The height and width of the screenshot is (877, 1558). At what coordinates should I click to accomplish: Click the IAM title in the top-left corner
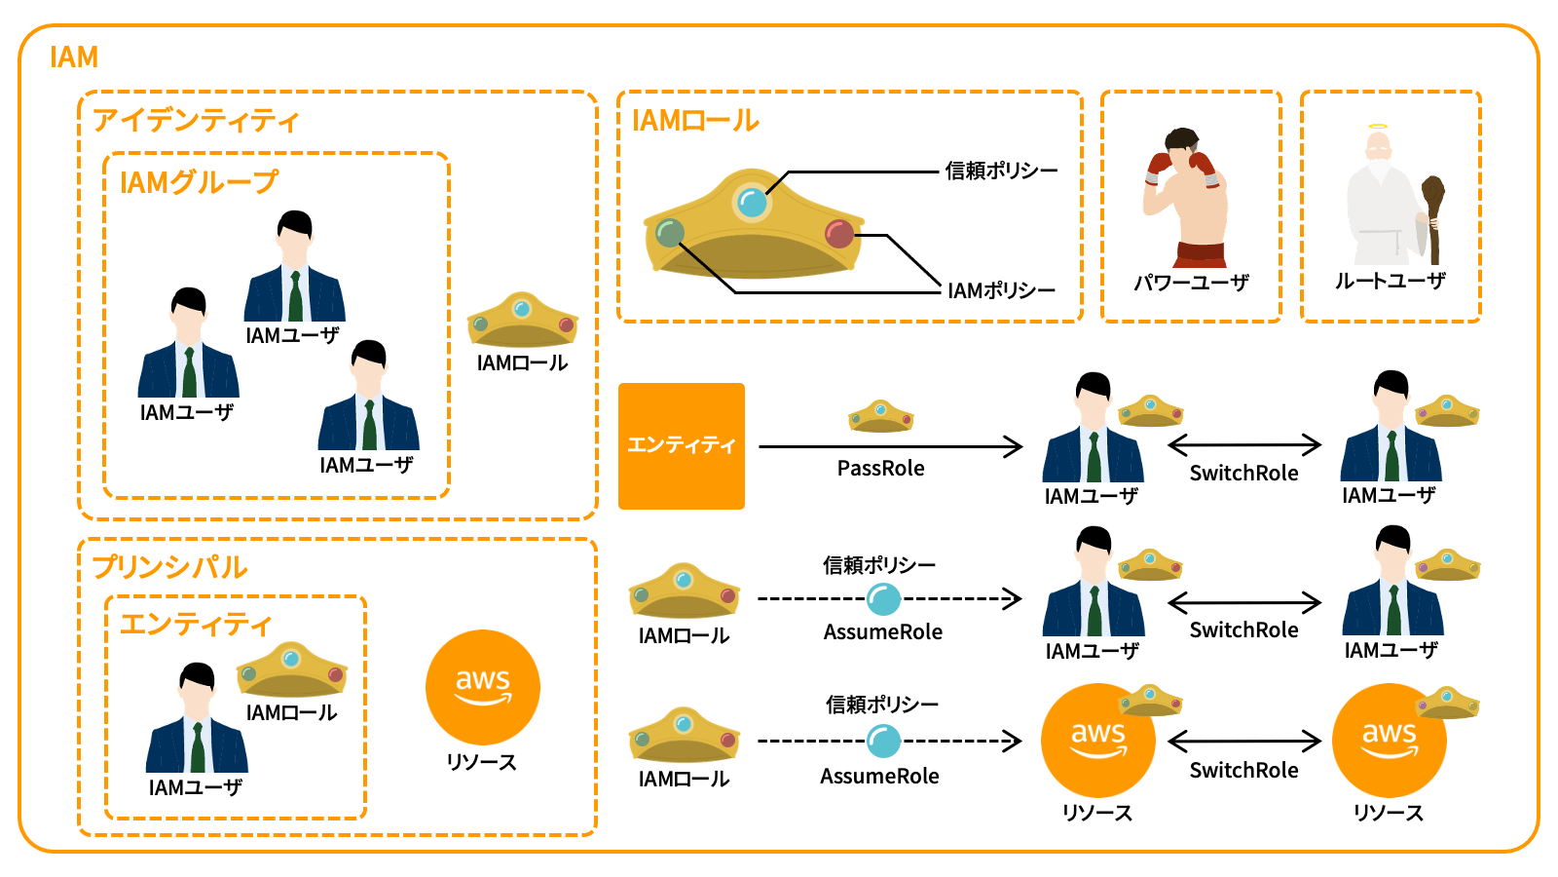point(74,57)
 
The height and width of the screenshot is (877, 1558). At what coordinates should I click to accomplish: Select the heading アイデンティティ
point(196,121)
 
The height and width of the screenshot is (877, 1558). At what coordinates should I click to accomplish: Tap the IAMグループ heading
point(199,182)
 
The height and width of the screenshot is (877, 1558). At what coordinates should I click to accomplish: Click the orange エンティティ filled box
point(682,445)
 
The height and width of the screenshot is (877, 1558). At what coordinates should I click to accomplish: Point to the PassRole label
point(880,469)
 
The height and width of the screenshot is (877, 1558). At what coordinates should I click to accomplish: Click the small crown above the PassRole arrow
point(880,416)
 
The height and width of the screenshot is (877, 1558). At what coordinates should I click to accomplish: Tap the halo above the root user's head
point(1377,128)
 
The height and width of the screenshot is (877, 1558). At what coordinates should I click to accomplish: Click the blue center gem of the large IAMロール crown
point(752,203)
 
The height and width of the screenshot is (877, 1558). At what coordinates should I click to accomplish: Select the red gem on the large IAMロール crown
point(838,234)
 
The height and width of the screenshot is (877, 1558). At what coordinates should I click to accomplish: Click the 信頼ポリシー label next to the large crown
point(1001,171)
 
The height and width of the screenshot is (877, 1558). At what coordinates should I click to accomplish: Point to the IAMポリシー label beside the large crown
point(1001,290)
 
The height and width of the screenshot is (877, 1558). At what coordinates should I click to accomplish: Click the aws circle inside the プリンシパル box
point(483,687)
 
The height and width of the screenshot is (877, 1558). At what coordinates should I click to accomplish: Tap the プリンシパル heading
point(170,567)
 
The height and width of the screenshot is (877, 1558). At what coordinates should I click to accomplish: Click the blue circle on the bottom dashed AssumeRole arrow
point(883,742)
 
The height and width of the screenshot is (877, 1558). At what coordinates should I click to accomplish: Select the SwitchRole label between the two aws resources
point(1243,771)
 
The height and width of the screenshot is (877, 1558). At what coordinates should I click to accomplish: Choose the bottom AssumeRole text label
point(879,777)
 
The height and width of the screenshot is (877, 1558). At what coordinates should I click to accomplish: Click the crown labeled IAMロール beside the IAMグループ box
point(523,320)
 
